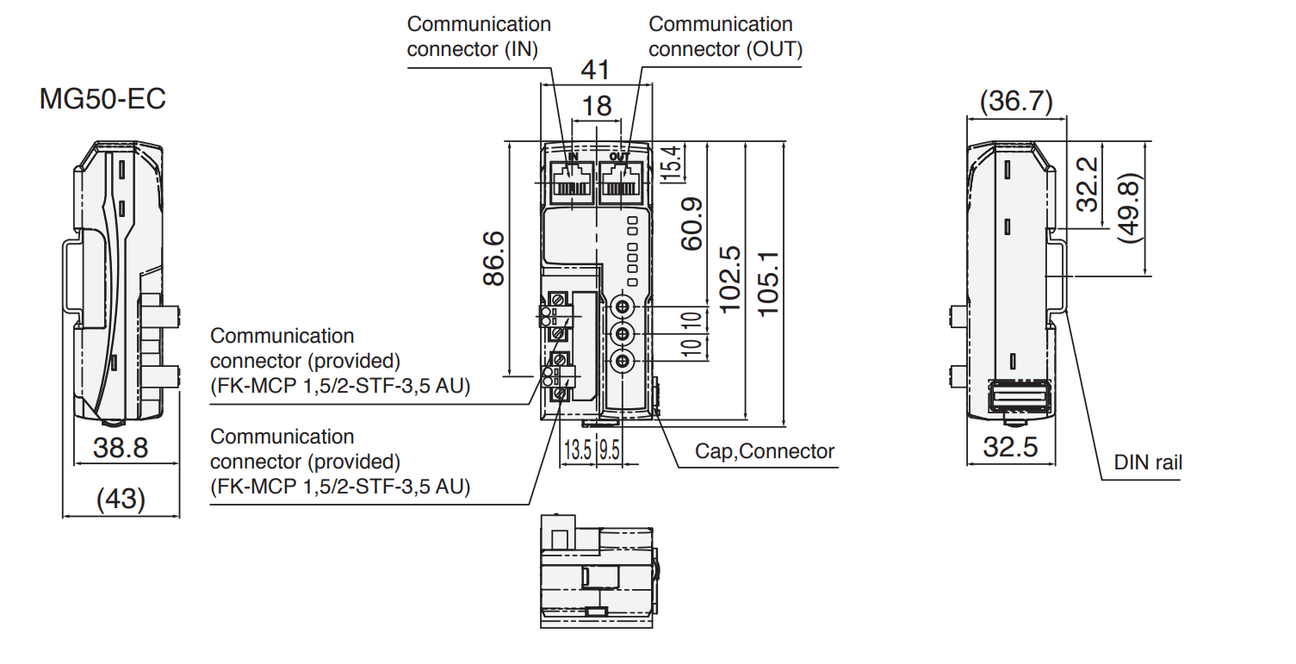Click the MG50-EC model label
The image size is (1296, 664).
pyautogui.click(x=102, y=100)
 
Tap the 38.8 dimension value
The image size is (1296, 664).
pyautogui.click(x=121, y=448)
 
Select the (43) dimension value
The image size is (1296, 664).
pyautogui.click(x=121, y=499)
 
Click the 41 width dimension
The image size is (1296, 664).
pyautogui.click(x=596, y=69)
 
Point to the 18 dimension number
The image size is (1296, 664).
pyautogui.click(x=597, y=106)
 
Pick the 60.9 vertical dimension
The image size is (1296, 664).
pyautogui.click(x=691, y=223)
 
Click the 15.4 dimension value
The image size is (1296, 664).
pyautogui.click(x=672, y=162)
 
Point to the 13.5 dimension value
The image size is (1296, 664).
pyautogui.click(x=577, y=450)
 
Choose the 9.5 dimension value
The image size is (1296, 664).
pyautogui.click(x=610, y=450)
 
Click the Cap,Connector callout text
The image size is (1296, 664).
pyautogui.click(x=765, y=451)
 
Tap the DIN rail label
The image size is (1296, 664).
pyautogui.click(x=1148, y=462)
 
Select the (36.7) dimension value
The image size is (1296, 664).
pyautogui.click(x=1016, y=102)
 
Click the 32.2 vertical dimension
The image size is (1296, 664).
pyautogui.click(x=1088, y=184)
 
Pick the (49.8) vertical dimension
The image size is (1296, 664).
pyautogui.click(x=1127, y=208)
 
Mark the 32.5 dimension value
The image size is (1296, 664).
pyautogui.click(x=1010, y=448)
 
